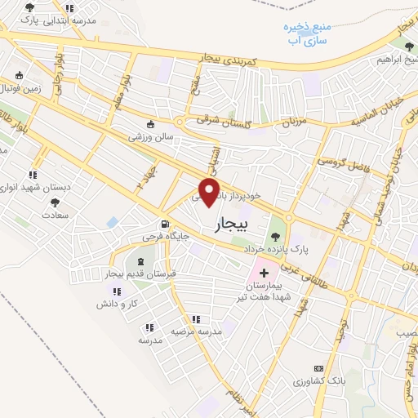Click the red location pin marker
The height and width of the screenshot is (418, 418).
211,193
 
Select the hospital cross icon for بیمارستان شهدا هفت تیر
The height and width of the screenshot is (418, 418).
265,271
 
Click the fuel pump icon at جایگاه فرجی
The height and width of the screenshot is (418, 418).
167,224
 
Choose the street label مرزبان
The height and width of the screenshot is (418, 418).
292,122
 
